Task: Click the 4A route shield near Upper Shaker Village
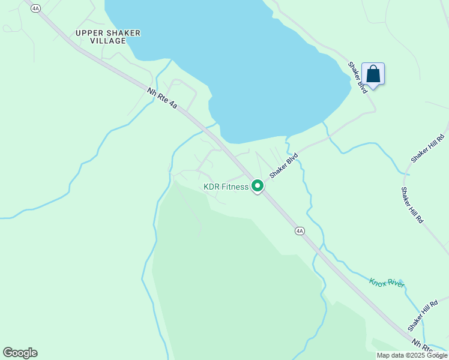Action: pos(35,8)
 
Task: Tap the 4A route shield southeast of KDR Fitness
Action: pos(300,230)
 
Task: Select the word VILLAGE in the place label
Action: pos(108,41)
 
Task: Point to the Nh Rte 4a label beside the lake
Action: pos(163,98)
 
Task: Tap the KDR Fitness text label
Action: pos(226,187)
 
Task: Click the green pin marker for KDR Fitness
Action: pos(258,186)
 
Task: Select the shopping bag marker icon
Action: pos(373,74)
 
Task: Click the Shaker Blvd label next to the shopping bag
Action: pos(358,77)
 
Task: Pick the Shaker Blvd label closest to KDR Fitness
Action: pos(283,166)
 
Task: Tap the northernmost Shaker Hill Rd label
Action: pos(428,148)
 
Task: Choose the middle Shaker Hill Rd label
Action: pos(412,205)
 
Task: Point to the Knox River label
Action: pos(387,283)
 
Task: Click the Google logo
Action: pos(20,353)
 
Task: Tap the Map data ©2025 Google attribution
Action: pos(412,355)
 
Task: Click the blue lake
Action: pos(240,60)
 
